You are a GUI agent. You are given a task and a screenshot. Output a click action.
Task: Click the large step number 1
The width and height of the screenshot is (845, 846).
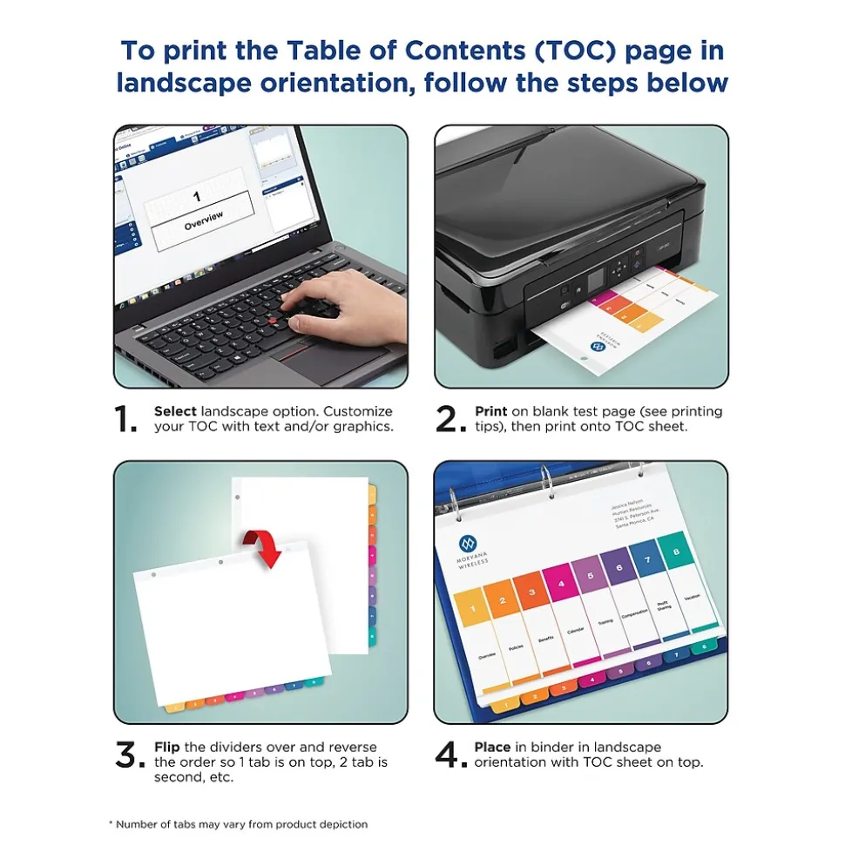(126, 420)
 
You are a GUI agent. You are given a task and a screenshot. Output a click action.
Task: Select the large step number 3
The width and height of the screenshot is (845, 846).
(130, 755)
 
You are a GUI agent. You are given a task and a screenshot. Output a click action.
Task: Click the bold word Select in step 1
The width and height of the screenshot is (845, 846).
(175, 411)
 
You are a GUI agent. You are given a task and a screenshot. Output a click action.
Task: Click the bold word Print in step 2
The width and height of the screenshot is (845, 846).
(490, 411)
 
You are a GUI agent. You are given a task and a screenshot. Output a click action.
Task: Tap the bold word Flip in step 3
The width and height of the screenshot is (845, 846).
(167, 747)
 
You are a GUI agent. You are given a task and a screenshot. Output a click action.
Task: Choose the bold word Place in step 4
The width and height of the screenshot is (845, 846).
(492, 747)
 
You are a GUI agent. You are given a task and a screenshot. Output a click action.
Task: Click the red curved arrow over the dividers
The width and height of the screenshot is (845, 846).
(266, 548)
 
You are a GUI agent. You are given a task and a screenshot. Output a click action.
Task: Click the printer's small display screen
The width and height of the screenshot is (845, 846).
(598, 279)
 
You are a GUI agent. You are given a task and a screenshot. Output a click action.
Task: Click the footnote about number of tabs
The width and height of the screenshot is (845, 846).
(237, 824)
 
